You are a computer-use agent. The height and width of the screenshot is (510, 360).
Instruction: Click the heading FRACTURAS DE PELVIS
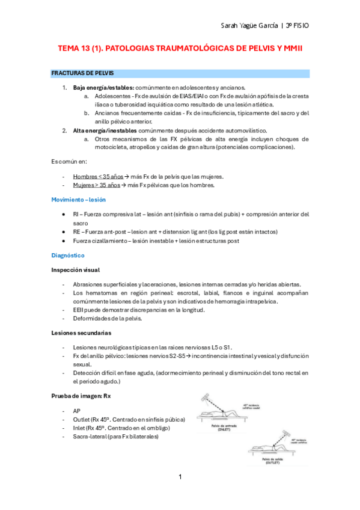tap(82, 73)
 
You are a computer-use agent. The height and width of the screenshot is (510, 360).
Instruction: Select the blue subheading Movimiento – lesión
tap(78, 200)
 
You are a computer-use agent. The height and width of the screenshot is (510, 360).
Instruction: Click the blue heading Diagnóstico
tap(68, 256)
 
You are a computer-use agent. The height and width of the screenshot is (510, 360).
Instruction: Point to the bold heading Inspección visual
tap(75, 270)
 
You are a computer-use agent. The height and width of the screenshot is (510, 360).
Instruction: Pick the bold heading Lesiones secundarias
tap(80, 333)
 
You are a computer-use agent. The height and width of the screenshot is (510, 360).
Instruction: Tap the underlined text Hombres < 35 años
tap(98, 176)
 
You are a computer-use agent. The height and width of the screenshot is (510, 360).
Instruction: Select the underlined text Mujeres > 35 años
tap(97, 185)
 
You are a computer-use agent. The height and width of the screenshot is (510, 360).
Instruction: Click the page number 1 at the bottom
tap(180, 477)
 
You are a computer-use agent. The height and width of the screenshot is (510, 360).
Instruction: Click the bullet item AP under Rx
tap(76, 411)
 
